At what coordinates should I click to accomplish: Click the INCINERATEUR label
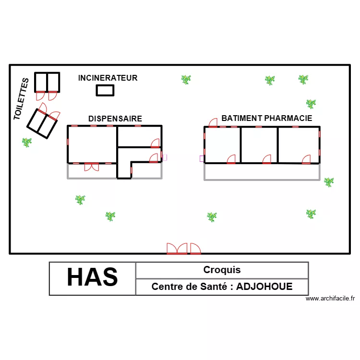click(108, 78)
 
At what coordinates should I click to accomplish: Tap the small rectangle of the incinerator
click(105, 90)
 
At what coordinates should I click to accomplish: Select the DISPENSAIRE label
click(115, 119)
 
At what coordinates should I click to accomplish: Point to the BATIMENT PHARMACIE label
click(266, 118)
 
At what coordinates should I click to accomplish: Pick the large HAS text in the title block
click(92, 277)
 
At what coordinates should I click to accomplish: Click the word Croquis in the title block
click(222, 270)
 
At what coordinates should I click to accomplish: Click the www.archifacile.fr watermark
click(330, 299)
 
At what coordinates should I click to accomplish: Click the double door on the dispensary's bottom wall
click(91, 167)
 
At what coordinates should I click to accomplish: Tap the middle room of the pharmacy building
click(259, 144)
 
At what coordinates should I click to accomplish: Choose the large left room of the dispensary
click(92, 144)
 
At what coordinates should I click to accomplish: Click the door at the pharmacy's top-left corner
click(212, 122)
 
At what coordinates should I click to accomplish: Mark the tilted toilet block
click(42, 123)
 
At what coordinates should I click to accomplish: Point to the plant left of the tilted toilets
click(26, 142)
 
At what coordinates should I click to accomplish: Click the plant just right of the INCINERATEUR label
click(186, 79)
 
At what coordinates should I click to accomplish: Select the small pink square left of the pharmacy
click(202, 158)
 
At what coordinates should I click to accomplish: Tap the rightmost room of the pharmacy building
click(299, 144)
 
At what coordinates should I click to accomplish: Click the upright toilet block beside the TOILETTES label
click(47, 82)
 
